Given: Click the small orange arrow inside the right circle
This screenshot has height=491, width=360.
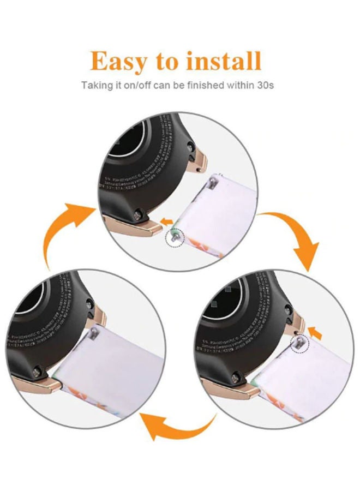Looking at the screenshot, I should [x=315, y=331].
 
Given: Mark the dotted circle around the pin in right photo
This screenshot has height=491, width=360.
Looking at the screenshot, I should [x=299, y=343].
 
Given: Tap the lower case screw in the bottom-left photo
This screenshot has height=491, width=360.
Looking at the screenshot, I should [x=42, y=369].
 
